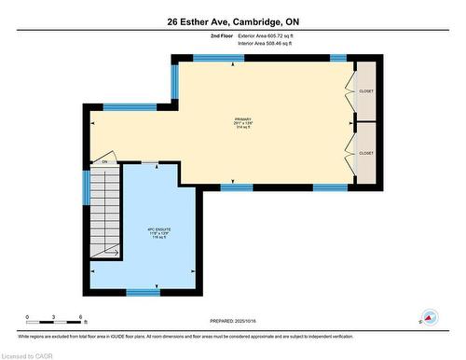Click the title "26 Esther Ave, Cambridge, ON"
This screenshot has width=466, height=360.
tap(233, 21)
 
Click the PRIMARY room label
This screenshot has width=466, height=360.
tap(243, 120)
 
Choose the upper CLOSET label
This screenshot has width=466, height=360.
tap(365, 90)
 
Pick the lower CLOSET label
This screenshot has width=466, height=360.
tap(365, 153)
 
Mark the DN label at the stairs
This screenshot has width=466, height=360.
tap(105, 162)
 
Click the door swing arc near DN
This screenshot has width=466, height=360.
tap(109, 155)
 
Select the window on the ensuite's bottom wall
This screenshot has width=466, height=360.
tap(143, 292)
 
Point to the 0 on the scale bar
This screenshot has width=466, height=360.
tap(27, 317)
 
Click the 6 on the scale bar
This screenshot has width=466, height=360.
tap(81, 317)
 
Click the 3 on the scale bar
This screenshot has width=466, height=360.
tap(54, 317)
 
